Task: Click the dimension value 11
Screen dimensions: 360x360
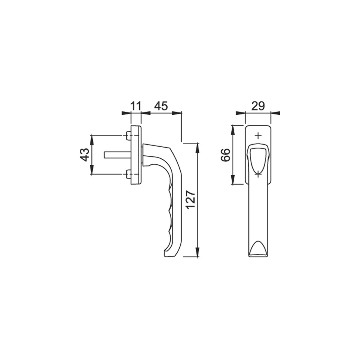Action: point(135,106)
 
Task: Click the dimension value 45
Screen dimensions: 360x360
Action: point(161,106)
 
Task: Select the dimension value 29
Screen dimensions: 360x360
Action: point(258,106)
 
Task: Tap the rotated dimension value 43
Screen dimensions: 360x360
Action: point(84,155)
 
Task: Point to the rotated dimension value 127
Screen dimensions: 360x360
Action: point(191,200)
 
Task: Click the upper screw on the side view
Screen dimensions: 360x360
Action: point(128,136)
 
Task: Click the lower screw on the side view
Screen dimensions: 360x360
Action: point(128,174)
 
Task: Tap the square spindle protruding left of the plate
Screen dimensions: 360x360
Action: point(118,155)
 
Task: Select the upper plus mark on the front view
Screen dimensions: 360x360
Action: point(258,136)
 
